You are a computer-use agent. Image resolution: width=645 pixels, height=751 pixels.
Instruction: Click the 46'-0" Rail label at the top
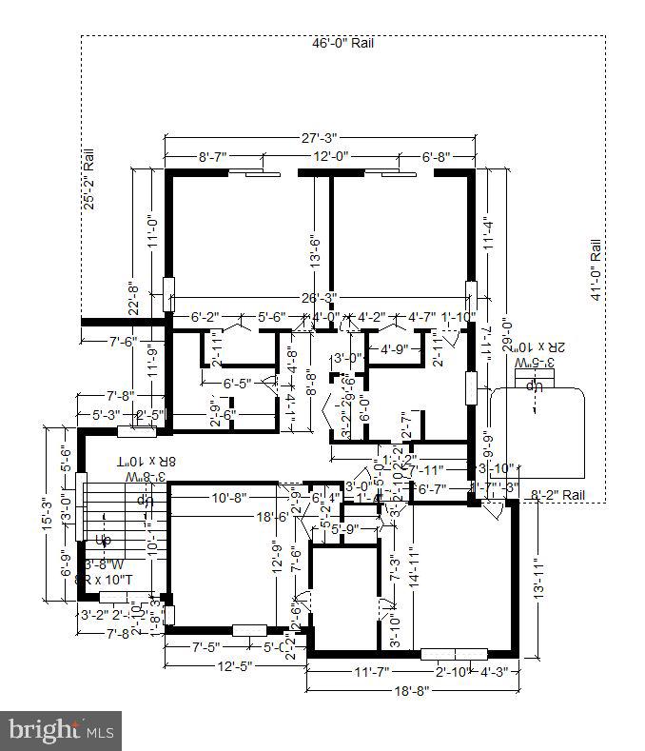click(x=342, y=43)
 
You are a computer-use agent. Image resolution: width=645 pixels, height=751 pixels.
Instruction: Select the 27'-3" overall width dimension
click(x=320, y=138)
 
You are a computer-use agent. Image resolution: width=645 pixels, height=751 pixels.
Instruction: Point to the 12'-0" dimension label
click(x=332, y=157)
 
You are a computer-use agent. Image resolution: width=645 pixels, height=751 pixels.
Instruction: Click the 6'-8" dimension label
click(x=435, y=157)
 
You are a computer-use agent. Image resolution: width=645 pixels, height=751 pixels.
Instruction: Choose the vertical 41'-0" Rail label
click(x=596, y=269)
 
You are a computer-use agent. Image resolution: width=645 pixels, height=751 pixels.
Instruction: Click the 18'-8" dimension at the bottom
click(x=412, y=690)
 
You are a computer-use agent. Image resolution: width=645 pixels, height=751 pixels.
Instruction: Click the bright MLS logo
click(x=61, y=731)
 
